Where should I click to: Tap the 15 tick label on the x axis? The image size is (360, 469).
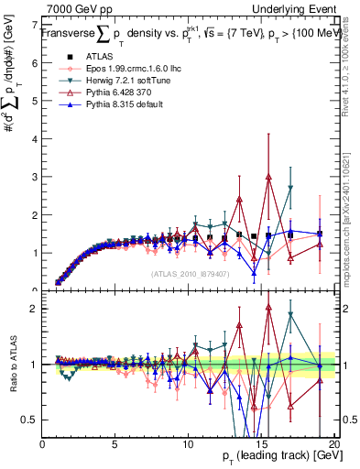pos(261,443)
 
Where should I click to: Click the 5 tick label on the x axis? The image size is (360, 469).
pos(115,443)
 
